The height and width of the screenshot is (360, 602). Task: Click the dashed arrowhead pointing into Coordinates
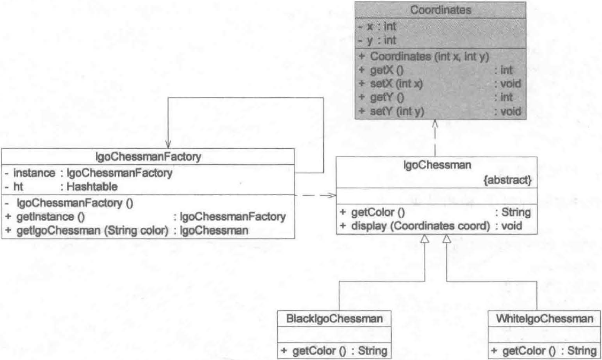(436, 124)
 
